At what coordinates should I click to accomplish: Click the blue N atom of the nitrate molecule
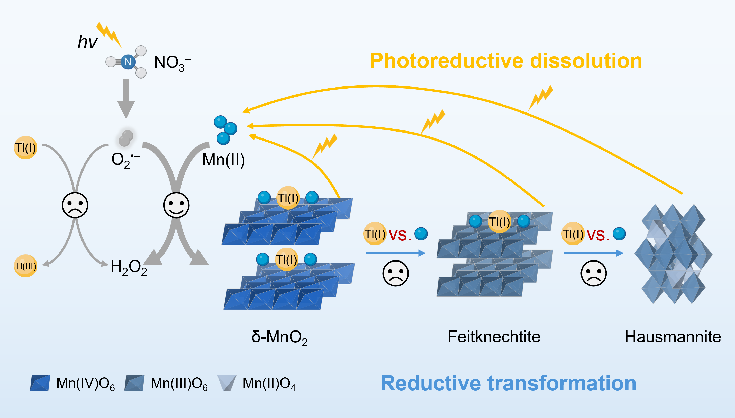pyautogui.click(x=128, y=62)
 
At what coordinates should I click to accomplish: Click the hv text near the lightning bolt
pyautogui.click(x=87, y=42)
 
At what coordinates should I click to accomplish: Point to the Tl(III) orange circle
pyautogui.click(x=25, y=266)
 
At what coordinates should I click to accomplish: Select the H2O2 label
pyautogui.click(x=129, y=267)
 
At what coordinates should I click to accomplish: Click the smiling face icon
pyautogui.click(x=176, y=205)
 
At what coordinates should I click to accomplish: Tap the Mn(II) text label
pyautogui.click(x=224, y=160)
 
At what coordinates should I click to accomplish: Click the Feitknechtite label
pyautogui.click(x=494, y=337)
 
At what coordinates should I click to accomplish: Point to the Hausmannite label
pyautogui.click(x=673, y=337)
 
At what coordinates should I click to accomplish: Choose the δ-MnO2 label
pyautogui.click(x=279, y=337)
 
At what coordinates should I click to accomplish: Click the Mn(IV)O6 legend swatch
pyautogui.click(x=40, y=383)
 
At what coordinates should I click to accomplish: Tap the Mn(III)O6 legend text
pyautogui.click(x=179, y=383)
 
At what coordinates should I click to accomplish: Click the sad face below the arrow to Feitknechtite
pyautogui.click(x=395, y=273)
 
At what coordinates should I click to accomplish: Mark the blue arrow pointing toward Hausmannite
pyautogui.click(x=593, y=253)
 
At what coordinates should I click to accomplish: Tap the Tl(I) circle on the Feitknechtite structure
pyautogui.click(x=499, y=222)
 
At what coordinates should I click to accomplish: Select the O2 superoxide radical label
pyautogui.click(x=125, y=160)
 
